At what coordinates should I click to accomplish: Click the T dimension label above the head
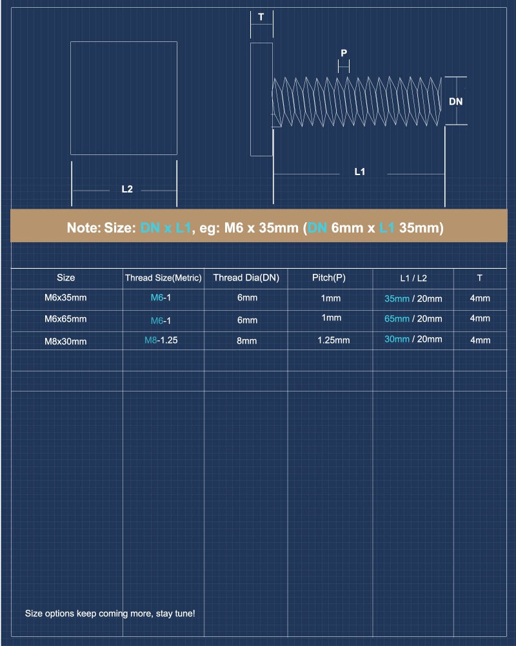pos(261,17)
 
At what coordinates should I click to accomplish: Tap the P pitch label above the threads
pos(344,53)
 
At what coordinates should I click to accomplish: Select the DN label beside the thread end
pos(455,101)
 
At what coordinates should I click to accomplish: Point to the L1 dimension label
pos(360,171)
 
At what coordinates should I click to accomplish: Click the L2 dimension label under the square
pos(127,189)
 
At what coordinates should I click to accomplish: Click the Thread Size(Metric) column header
pos(163,278)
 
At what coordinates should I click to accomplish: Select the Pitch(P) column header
pos(329,278)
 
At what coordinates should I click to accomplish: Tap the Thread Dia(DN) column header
pos(246,278)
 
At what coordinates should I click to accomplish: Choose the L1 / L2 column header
pos(413,278)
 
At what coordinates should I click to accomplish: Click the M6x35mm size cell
pos(65,297)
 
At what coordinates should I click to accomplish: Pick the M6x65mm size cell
pos(65,319)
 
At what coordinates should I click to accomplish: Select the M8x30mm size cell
pos(65,341)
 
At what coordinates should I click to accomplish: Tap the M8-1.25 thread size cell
pos(161,340)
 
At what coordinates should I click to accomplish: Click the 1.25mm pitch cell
pos(333,340)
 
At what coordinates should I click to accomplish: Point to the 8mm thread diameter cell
pos(246,340)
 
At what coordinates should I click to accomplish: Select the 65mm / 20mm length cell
pos(413,319)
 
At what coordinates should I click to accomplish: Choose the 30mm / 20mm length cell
pos(413,339)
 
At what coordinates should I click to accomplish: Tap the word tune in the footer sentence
pos(184,614)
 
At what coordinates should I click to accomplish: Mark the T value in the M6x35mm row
pos(480,298)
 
